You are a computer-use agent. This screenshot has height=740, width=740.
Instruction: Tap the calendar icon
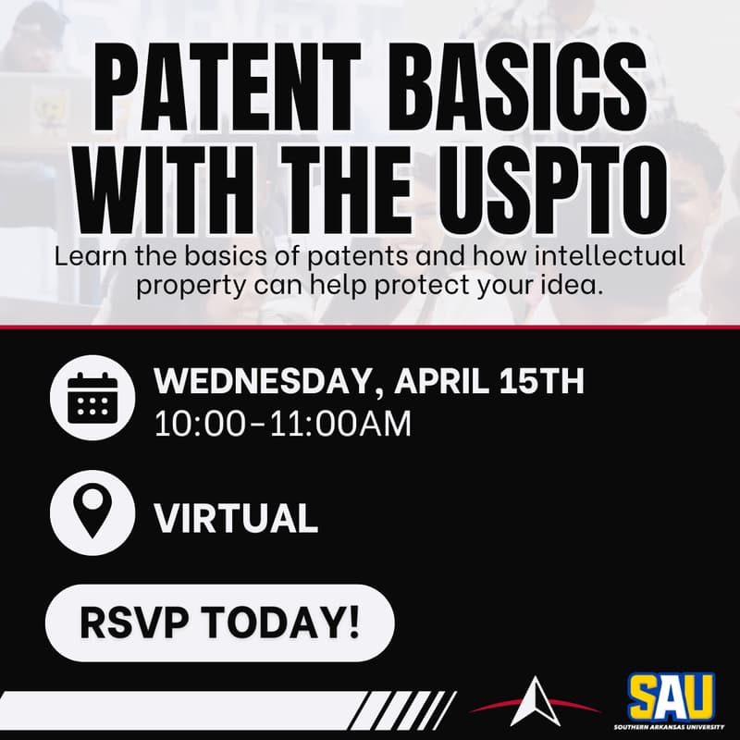coord(92,399)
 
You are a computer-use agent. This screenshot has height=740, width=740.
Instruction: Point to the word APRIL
coord(438,382)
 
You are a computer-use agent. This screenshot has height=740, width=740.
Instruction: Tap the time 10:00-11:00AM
coord(282,425)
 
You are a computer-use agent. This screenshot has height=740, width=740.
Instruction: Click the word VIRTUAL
coord(236,518)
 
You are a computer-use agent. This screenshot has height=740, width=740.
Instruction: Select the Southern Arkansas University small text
coord(671,728)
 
